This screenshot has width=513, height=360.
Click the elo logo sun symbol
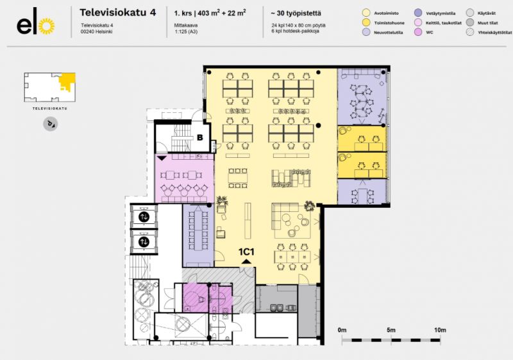pyautogui.click(x=46, y=25)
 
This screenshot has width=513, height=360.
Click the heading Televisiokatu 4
pyautogui.click(x=117, y=12)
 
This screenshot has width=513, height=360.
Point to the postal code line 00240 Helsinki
pyautogui.click(x=100, y=31)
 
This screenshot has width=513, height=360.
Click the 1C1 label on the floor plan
pyautogui.click(x=247, y=252)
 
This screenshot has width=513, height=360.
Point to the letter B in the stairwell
pyautogui.click(x=199, y=137)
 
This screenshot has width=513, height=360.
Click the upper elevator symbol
pyautogui.click(x=144, y=217)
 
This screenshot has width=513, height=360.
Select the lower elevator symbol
pyautogui.click(x=144, y=242)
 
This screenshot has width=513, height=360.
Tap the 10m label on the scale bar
pyautogui.click(x=439, y=329)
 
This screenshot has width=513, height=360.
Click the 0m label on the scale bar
pyautogui.click(x=342, y=329)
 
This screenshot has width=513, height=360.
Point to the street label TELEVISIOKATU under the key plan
pyautogui.click(x=49, y=109)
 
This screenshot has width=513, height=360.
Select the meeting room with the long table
pyautogui.click(x=198, y=234)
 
